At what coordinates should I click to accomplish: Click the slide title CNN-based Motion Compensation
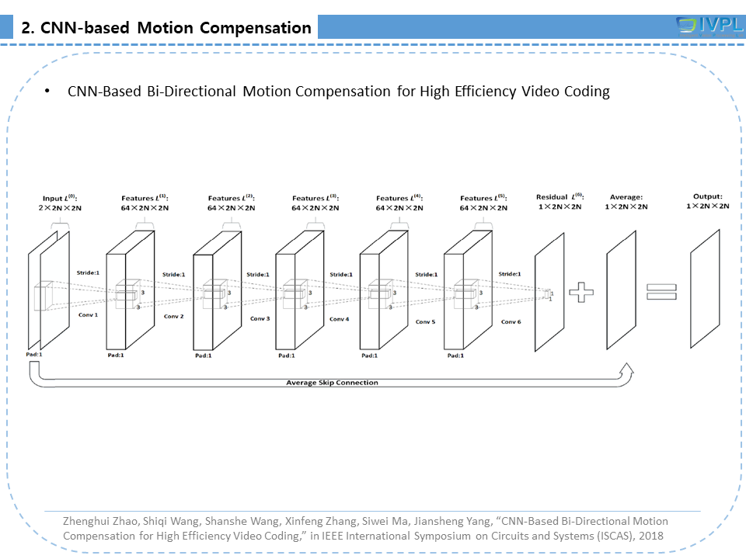click(x=166, y=28)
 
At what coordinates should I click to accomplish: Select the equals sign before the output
click(x=661, y=291)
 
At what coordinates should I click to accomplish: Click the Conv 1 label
click(x=88, y=314)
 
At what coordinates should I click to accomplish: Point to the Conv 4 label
click(x=340, y=319)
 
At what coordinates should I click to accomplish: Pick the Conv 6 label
click(x=511, y=321)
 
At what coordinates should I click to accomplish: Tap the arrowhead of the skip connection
click(x=626, y=372)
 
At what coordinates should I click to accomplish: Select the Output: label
click(x=707, y=196)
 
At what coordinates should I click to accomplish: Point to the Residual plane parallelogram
click(x=548, y=292)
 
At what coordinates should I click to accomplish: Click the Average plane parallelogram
click(x=622, y=290)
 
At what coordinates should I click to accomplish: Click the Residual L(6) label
click(x=559, y=197)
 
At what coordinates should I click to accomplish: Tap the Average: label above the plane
click(x=626, y=197)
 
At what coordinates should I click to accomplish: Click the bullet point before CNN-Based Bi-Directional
click(x=47, y=92)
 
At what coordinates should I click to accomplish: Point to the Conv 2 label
click(x=173, y=317)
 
